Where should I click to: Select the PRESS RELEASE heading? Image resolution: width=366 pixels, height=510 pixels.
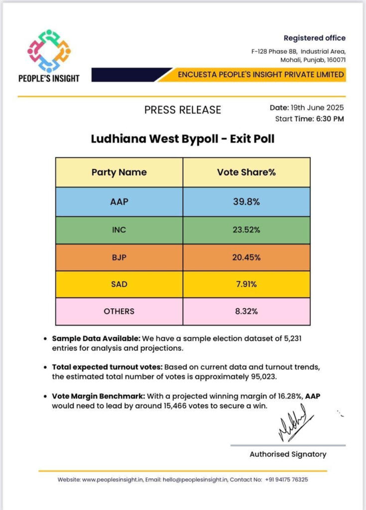click(x=182, y=110)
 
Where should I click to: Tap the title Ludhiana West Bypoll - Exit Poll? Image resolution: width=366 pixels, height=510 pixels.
click(x=182, y=138)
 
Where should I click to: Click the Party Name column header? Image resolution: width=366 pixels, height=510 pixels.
click(x=119, y=172)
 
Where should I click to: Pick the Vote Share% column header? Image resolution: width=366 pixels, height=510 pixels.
click(x=246, y=172)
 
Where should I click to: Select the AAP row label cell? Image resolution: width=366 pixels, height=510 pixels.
click(x=119, y=202)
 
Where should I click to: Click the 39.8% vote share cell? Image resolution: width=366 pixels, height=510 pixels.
click(x=246, y=202)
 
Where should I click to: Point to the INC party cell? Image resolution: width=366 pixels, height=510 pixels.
click(x=119, y=230)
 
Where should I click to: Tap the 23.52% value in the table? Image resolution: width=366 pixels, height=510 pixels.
click(x=246, y=230)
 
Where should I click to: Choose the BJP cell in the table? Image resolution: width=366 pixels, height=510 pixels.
click(x=119, y=257)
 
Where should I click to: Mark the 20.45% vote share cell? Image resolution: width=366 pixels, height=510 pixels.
click(x=246, y=257)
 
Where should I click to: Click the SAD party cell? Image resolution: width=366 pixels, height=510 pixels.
click(x=119, y=284)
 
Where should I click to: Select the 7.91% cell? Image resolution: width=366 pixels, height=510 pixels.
click(x=246, y=284)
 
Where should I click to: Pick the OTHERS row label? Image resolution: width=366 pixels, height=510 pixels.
click(x=119, y=311)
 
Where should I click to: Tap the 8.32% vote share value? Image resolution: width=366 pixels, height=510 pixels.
click(x=246, y=311)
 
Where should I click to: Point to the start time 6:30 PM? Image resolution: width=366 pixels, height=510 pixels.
click(x=329, y=119)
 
